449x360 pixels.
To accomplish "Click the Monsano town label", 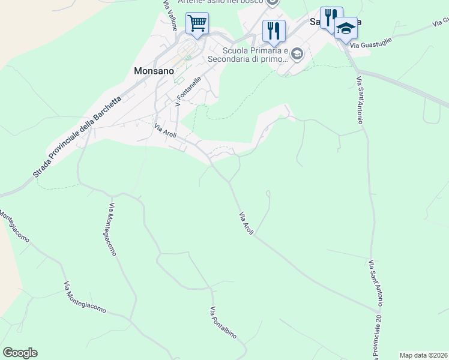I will click(154, 70).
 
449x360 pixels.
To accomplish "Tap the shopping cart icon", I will click(197, 24).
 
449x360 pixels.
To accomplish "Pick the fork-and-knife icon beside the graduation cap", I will click(331, 17).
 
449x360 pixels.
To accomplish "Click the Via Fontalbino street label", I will click(223, 323).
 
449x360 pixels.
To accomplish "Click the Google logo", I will click(20, 353).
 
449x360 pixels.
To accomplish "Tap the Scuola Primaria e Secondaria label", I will click(248, 55).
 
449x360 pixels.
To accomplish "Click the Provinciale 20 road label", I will click(379, 340).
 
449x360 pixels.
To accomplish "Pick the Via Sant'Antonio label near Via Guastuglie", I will click(360, 100).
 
